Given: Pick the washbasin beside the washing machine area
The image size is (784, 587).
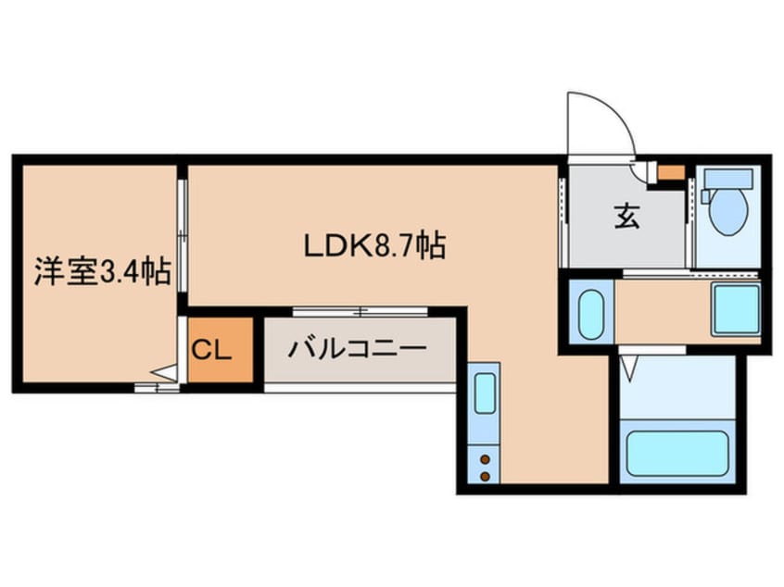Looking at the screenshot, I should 590,314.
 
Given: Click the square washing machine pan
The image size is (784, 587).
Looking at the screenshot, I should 735,310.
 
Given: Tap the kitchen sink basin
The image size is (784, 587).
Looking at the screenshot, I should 485,393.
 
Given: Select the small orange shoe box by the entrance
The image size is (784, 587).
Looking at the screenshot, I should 671,171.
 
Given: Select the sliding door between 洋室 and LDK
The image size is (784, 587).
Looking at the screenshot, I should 183,236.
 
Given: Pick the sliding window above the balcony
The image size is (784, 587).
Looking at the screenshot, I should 331,311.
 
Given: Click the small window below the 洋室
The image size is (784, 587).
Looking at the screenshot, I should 156,387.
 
